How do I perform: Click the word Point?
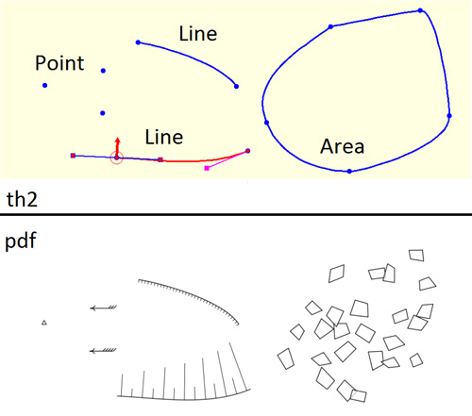59,63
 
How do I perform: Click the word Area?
342,146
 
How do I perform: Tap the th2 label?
22,199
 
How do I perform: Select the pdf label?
21,241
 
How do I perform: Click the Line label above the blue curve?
198,34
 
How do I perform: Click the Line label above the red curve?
164,137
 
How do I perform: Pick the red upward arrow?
117,147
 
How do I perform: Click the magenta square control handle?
207,169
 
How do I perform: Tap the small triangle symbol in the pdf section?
44,323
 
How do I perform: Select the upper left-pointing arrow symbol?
103,308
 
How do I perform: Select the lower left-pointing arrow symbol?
103,351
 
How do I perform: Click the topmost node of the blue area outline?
420,10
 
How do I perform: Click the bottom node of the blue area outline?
349,172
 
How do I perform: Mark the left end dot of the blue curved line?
138,42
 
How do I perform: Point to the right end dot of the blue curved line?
236,87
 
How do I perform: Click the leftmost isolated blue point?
45,85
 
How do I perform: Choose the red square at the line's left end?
73,156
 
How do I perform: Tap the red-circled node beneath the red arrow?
116,158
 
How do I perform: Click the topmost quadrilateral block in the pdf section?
416,256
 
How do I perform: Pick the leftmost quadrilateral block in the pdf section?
286,358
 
